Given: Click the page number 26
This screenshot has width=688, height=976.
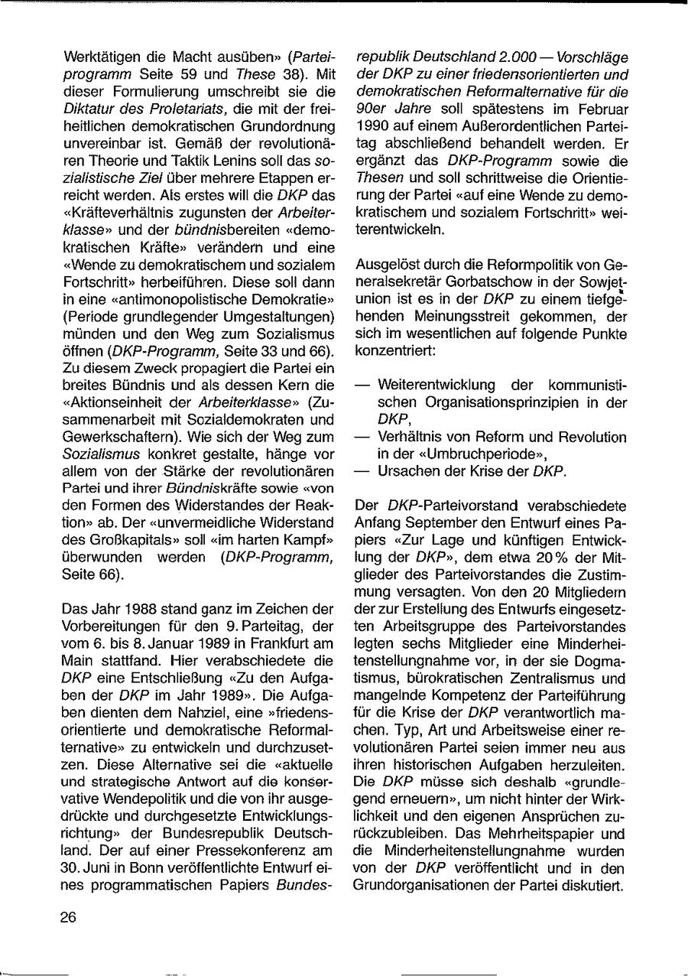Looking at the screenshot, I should [x=68, y=919].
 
